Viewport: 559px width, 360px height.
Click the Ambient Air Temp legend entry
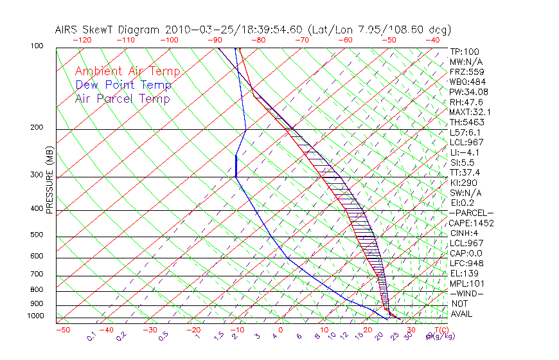click(x=127, y=71)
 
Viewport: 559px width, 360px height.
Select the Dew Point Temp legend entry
click(x=123, y=85)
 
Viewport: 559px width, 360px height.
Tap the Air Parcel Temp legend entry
click(x=123, y=98)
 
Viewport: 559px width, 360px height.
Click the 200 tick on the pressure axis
click(x=36, y=128)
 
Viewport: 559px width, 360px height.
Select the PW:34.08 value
click(x=466, y=92)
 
